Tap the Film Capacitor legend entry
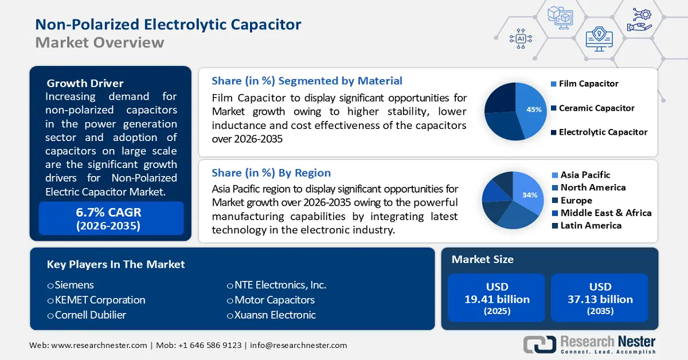pyautogui.click(x=588, y=84)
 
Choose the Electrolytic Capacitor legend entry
pyautogui.click(x=603, y=132)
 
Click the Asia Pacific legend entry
pyautogui.click(x=585, y=175)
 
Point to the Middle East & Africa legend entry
pyautogui.click(x=605, y=213)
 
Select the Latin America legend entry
pyautogui.click(x=591, y=225)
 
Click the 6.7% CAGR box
pyautogui.click(x=111, y=218)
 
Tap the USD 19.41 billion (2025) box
pyautogui.click(x=497, y=298)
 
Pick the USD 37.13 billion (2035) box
pyautogui.click(x=600, y=298)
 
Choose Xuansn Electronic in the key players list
pyautogui.click(x=274, y=315)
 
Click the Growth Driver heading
pyautogui.click(x=85, y=83)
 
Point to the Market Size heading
pyautogui.click(x=482, y=260)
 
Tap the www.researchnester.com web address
pyautogui.click(x=99, y=345)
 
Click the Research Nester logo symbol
pyautogui.click(x=539, y=344)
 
